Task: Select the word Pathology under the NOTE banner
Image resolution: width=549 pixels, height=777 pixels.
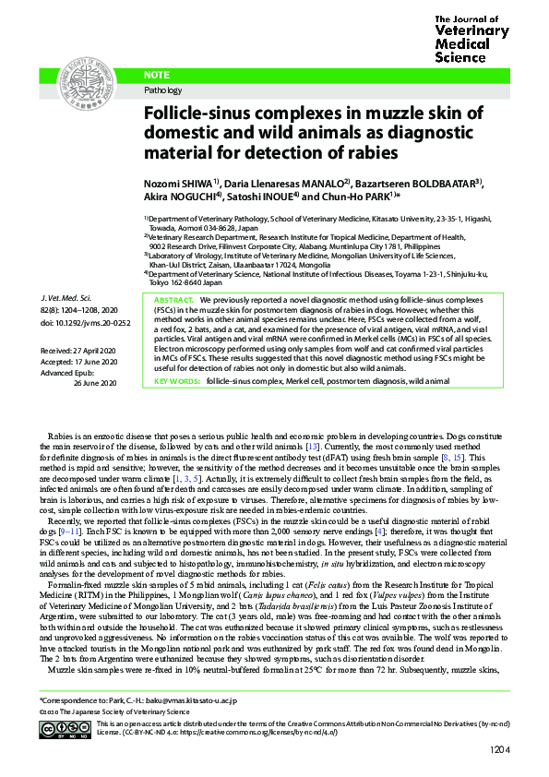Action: point(164,90)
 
